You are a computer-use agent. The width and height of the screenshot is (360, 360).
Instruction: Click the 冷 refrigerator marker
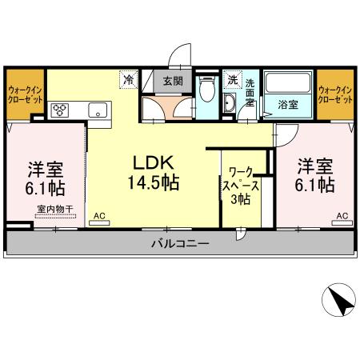(127, 80)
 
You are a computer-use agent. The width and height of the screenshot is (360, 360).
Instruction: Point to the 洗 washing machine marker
(231, 80)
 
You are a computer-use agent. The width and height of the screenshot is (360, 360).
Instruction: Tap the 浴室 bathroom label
(288, 105)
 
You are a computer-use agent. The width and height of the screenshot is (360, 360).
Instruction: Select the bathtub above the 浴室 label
(288, 83)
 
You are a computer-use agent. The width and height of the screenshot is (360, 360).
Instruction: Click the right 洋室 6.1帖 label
(315, 176)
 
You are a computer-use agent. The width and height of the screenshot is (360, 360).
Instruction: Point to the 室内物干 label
(54, 210)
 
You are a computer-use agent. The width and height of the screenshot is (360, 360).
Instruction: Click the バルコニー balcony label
(180, 244)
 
